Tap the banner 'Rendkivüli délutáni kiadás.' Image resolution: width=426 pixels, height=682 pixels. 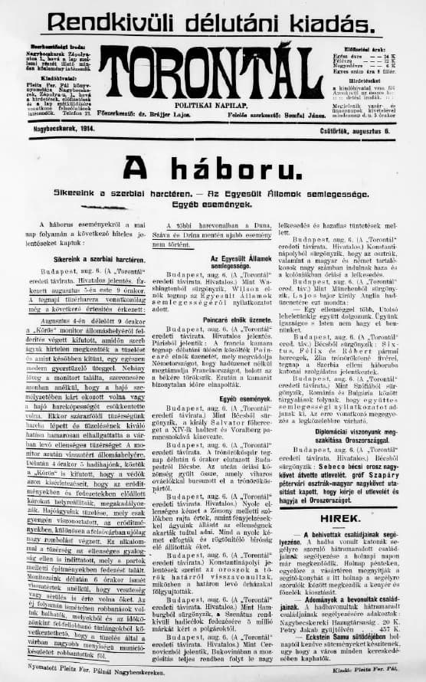(211, 21)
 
